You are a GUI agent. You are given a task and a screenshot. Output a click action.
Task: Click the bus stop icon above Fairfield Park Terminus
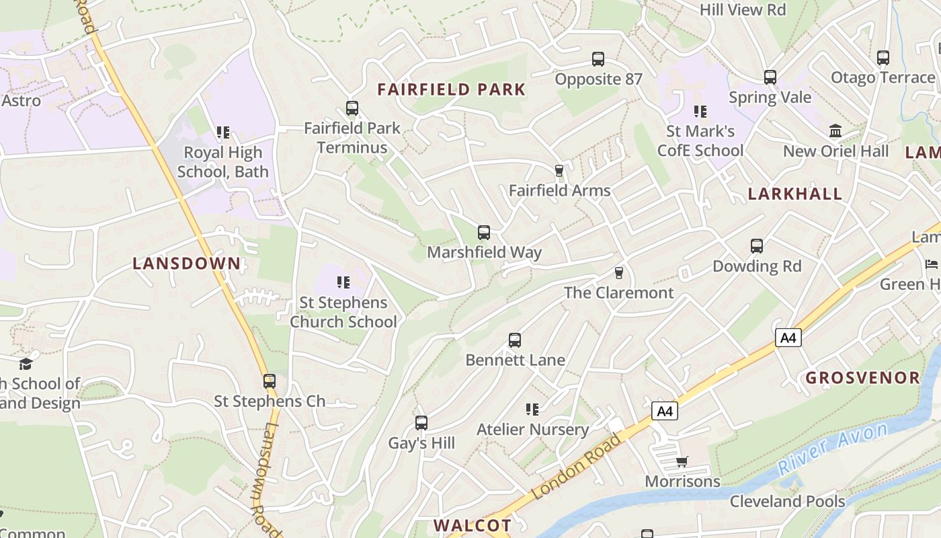tap(352, 108)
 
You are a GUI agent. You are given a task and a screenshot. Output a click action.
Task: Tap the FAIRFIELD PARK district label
tap(451, 89)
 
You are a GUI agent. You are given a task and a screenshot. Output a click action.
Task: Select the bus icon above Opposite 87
tap(598, 59)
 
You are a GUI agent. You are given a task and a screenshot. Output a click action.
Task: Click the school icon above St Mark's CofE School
tap(700, 111)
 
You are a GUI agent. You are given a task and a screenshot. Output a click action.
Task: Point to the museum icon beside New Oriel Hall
tap(835, 130)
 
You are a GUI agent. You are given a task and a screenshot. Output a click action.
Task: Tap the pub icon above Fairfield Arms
tap(559, 171)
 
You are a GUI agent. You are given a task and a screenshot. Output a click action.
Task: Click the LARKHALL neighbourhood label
tap(795, 194)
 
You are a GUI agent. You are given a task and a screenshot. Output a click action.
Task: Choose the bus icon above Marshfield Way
tap(483, 233)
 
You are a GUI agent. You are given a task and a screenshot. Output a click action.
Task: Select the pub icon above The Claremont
tap(618, 273)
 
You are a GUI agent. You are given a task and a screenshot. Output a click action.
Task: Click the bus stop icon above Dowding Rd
tap(757, 246)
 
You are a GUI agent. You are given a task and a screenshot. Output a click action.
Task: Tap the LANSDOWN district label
tap(187, 264)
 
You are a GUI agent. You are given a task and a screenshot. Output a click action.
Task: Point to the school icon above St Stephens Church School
tap(343, 282)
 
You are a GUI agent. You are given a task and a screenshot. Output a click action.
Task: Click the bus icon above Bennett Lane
tap(515, 340)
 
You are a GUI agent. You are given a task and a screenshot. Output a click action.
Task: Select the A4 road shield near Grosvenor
tap(788, 337)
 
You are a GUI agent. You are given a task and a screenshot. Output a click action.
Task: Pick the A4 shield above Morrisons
tap(664, 411)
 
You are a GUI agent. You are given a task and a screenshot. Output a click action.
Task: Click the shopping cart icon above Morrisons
tap(682, 461)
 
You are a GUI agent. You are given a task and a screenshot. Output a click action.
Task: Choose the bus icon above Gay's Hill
tap(421, 423)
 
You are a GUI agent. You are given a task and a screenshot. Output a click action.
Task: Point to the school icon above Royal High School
tap(223, 132)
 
